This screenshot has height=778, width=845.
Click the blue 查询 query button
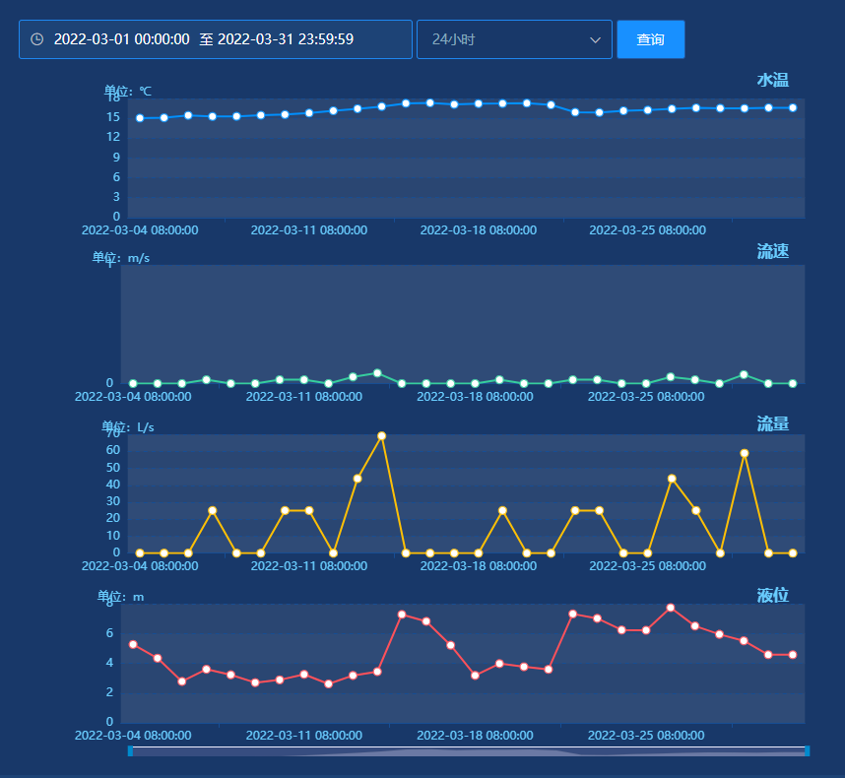[650, 39]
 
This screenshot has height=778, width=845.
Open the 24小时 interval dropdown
[514, 39]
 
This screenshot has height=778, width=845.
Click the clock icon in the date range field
[36, 39]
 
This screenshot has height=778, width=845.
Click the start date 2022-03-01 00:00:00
[122, 39]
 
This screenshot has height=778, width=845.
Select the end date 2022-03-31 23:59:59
[286, 39]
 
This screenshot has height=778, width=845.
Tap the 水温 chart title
[773, 81]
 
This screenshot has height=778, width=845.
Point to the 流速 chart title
[773, 251]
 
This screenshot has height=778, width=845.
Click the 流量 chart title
[773, 424]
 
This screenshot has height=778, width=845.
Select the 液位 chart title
[773, 596]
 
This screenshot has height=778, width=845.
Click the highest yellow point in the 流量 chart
[381, 436]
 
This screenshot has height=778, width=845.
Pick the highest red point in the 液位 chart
[671, 608]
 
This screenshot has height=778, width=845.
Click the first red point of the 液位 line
[133, 644]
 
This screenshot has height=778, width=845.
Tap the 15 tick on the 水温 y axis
[113, 117]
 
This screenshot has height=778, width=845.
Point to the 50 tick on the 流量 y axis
[113, 468]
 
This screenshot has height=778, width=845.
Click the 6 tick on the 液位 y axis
[110, 633]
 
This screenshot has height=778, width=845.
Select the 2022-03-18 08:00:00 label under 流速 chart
[475, 397]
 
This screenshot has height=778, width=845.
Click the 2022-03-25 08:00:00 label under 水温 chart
[647, 230]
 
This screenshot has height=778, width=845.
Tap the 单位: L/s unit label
[128, 427]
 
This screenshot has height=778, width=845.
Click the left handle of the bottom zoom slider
[130, 751]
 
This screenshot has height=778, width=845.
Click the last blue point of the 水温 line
[793, 107]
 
